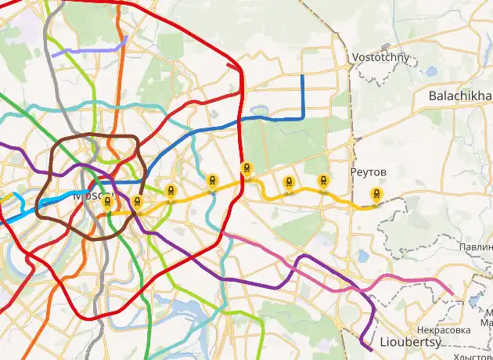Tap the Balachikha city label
click(x=460, y=95)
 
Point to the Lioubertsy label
click(x=410, y=343)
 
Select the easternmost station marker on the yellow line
click(x=377, y=194)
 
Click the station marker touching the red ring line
click(x=246, y=168)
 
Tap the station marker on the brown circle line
click(x=137, y=203)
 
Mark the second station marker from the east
click(x=322, y=182)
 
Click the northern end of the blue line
click(x=303, y=76)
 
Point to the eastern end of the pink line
click(x=453, y=294)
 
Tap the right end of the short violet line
click(x=126, y=37)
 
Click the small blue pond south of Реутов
click(x=364, y=255)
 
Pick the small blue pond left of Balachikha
click(x=430, y=71)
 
